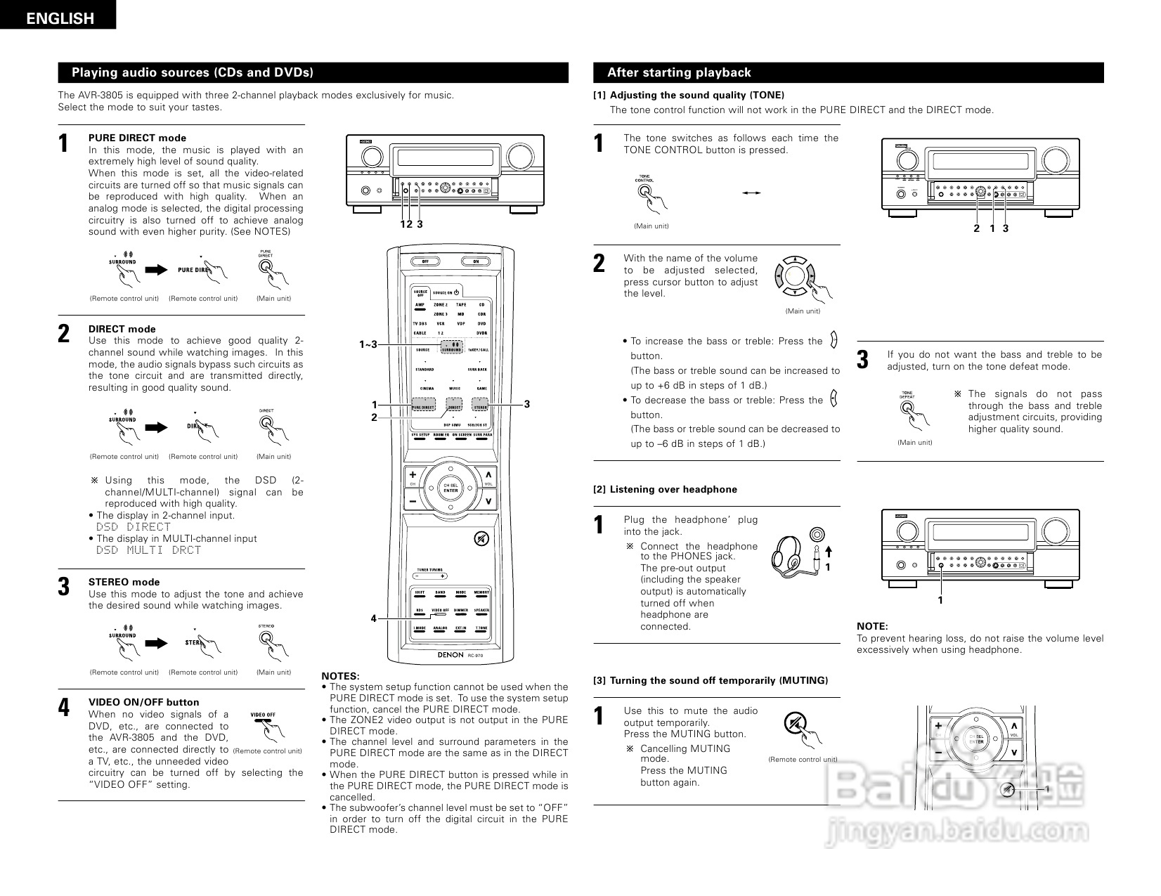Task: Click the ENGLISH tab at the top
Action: click(58, 18)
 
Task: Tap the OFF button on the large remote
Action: click(424, 261)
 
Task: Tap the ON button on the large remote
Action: click(476, 261)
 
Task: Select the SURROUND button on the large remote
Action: click(451, 347)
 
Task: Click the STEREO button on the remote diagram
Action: click(480, 406)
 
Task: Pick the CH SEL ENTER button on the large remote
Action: click(450, 488)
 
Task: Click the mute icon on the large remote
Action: click(481, 539)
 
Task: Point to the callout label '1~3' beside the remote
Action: click(368, 344)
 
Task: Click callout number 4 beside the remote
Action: click(374, 618)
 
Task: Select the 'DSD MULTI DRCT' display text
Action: click(148, 550)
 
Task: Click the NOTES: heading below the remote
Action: click(340, 675)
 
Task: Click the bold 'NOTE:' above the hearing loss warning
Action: click(872, 626)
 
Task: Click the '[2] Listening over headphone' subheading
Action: click(666, 489)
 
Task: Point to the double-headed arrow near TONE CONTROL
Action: click(752, 193)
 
